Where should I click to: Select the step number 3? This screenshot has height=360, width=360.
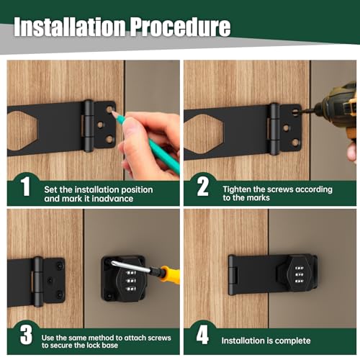(x=25, y=336)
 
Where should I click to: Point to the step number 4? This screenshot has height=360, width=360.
(x=202, y=336)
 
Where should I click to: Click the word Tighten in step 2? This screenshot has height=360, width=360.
(x=237, y=189)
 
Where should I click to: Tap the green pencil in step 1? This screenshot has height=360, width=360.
(x=148, y=140)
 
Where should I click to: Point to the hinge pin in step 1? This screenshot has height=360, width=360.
(x=89, y=126)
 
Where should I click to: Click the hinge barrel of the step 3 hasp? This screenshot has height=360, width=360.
(x=37, y=281)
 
